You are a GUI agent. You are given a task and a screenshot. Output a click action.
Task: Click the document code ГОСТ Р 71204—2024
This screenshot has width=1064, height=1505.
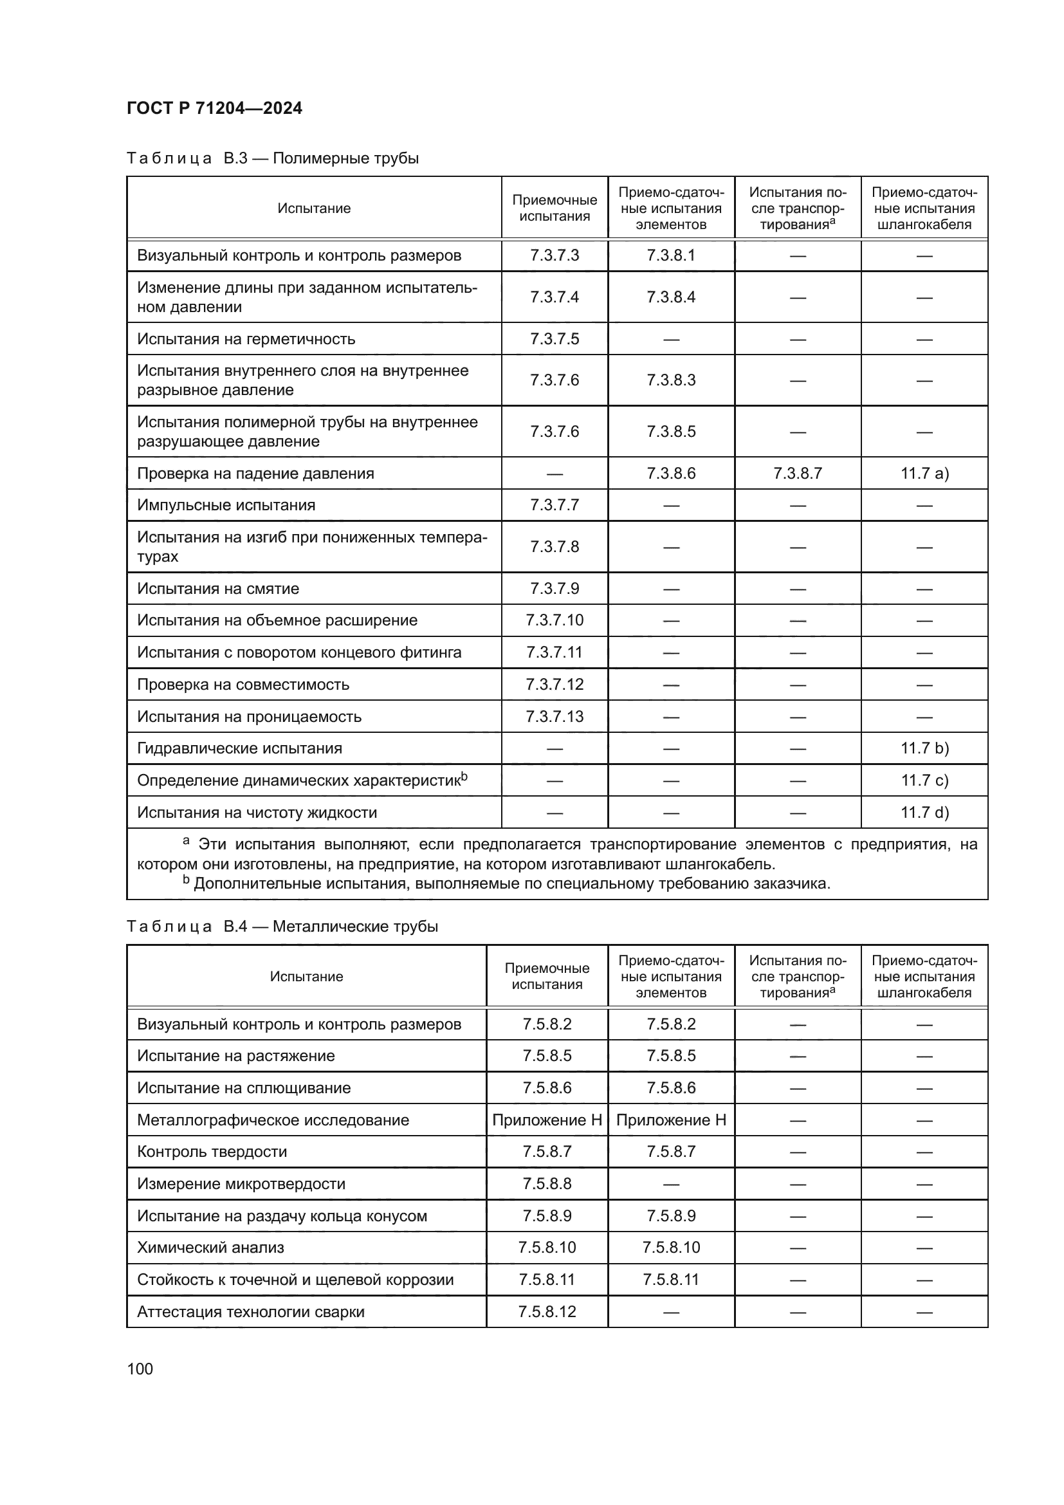pos(214,108)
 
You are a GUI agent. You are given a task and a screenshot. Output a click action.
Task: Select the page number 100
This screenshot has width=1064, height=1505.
pos(140,1369)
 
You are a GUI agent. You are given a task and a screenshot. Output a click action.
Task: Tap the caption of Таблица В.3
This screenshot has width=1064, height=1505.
pos(273,158)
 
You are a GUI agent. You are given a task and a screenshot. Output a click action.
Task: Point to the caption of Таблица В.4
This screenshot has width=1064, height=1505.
pos(282,926)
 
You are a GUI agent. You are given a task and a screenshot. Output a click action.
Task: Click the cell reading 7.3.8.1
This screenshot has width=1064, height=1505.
pos(670,255)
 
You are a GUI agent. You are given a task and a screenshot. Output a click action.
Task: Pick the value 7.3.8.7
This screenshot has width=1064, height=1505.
pos(797,474)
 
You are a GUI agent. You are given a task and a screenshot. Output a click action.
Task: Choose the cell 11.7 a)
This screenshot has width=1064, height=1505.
pos(924,474)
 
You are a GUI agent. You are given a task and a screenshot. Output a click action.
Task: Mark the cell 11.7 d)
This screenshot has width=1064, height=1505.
pos(924,813)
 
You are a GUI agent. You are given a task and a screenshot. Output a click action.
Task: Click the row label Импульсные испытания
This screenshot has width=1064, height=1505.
pos(226,505)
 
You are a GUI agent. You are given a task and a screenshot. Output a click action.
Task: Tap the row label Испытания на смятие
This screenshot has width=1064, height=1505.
pos(217,589)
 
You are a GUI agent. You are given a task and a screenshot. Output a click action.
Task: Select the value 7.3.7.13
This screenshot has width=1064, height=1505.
pos(555,716)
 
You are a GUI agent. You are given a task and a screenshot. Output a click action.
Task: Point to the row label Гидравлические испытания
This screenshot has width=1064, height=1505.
pos(239,748)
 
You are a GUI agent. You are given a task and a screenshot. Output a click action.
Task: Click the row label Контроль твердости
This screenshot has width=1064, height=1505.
pos(212,1152)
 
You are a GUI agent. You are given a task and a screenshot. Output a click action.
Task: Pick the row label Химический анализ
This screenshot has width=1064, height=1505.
pos(210,1248)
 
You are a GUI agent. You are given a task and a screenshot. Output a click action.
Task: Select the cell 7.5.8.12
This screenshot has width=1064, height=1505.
pos(547,1311)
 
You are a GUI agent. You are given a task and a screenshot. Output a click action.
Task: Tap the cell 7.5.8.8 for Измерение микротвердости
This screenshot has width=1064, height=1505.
pos(547,1184)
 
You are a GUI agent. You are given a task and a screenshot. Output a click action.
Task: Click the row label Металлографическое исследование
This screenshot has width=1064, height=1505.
pos(273,1120)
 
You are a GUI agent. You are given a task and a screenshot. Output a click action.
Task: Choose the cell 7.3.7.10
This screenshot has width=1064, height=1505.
pos(555,620)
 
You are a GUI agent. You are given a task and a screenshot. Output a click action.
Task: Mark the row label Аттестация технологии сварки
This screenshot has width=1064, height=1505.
pos(250,1311)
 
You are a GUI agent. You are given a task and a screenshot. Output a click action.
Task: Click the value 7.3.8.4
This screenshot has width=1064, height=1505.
pos(670,297)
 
